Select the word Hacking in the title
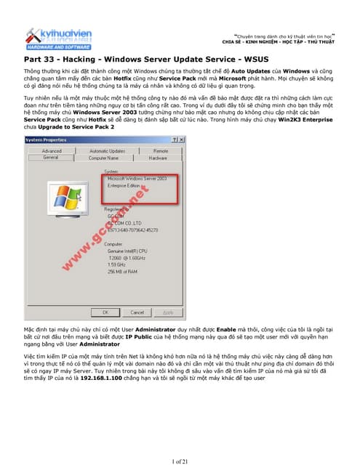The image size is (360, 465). [78, 57]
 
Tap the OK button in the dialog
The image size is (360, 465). [106, 312]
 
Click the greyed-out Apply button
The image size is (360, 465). [168, 312]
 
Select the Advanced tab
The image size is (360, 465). [52, 150]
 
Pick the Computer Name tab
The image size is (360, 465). [103, 157]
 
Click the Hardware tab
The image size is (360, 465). [158, 157]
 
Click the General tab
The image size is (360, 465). [50, 157]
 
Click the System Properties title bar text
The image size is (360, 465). [46, 139]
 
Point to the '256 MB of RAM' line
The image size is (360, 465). [122, 271]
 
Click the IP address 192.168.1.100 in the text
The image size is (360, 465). [95, 379]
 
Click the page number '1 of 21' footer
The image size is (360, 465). [180, 461]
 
